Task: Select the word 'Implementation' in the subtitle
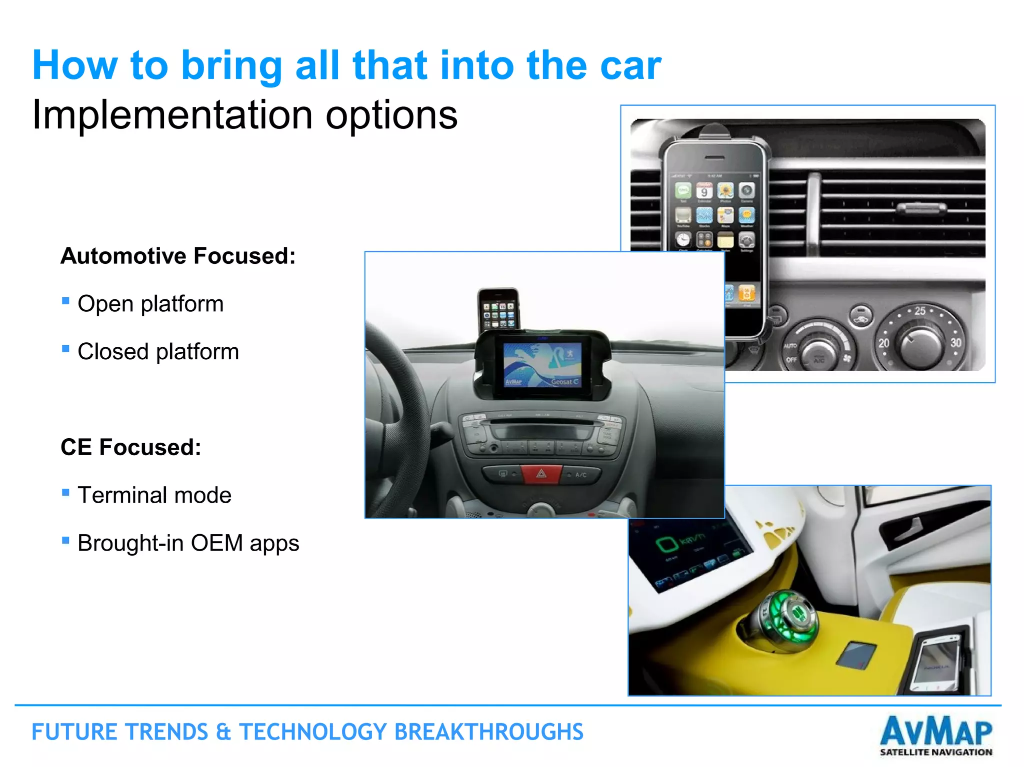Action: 172,115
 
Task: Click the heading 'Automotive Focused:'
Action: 178,256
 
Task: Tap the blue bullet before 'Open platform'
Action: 65,301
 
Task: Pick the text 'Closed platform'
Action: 158,352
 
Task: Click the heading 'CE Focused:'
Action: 130,447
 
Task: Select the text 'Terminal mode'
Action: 154,495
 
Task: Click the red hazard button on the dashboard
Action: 541,473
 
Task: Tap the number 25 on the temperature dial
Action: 920,311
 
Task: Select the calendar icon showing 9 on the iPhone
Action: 704,191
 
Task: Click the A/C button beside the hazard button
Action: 580,475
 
